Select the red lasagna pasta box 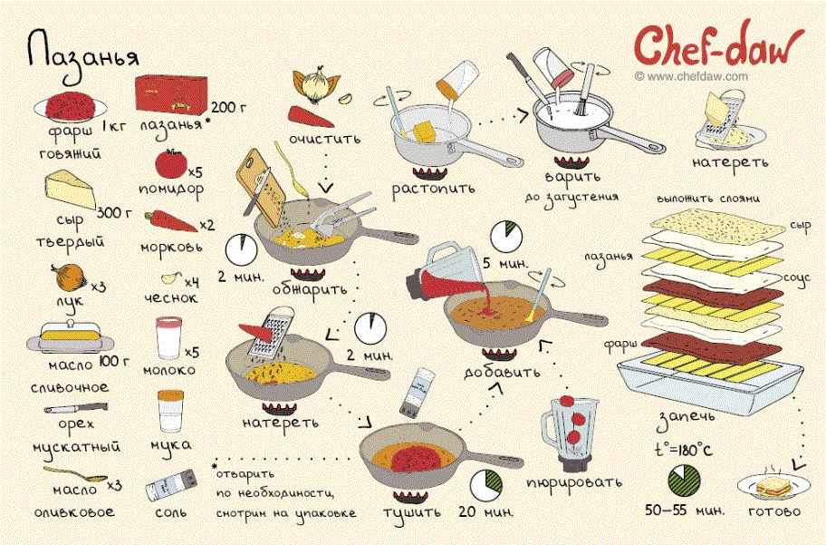tap(171, 95)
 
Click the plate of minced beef tap(70, 107)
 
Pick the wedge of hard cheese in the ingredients tap(70, 189)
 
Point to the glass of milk tap(168, 338)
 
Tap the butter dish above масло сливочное tap(70, 337)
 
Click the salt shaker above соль tap(171, 485)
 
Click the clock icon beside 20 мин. tap(485, 485)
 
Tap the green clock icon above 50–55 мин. tap(684, 481)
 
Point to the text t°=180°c tap(683, 449)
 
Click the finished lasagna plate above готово tap(773, 486)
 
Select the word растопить tap(434, 189)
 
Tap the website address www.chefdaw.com tap(691, 76)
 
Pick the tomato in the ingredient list tap(170, 163)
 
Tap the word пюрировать tap(574, 482)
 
